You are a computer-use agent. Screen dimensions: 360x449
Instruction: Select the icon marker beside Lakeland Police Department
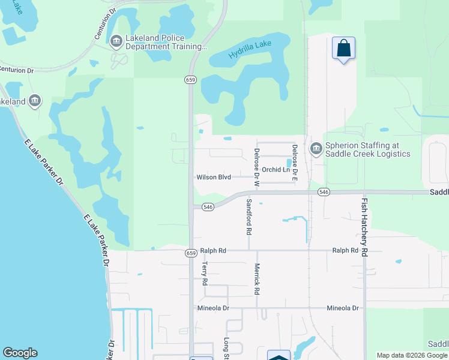coord(116,41)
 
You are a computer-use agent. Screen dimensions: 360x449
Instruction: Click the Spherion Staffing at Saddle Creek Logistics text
coord(368,149)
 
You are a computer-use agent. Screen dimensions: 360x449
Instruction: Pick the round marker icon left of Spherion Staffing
coord(316,148)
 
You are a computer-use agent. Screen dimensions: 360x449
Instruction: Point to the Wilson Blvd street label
coord(214,178)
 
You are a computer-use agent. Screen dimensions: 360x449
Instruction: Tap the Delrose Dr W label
coord(256,164)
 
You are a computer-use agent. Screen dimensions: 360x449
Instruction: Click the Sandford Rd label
coord(249,217)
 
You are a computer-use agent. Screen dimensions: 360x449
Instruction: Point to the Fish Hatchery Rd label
coord(364,228)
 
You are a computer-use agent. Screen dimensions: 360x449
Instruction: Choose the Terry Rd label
coord(205,273)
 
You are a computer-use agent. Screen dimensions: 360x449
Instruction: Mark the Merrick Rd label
coord(256,279)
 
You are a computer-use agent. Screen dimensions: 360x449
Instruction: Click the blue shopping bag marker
coord(343,48)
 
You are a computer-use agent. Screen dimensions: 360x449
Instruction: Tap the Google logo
coord(20,353)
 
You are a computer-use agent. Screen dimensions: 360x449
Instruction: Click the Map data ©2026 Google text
coord(411,355)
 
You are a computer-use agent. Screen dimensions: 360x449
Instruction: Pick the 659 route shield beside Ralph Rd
coord(191,253)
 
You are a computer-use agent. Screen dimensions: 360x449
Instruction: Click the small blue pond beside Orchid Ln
coord(289,163)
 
